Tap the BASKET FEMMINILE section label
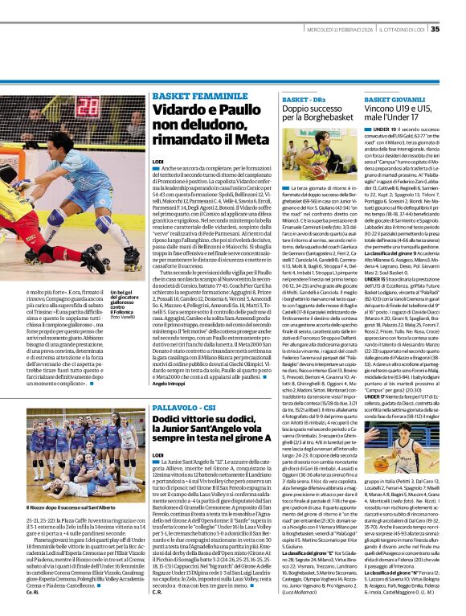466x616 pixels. tap(190, 95)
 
